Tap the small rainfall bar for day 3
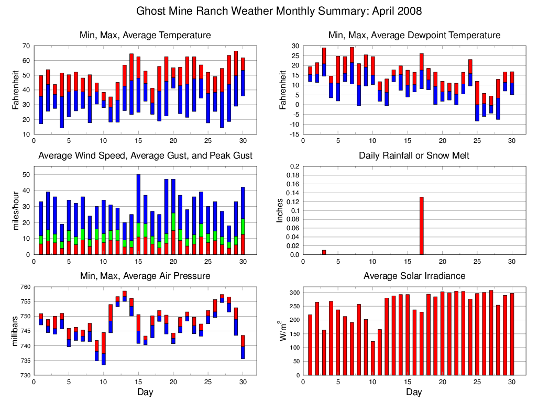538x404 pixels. tap(324, 252)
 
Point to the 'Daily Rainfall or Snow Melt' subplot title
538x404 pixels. tap(414, 155)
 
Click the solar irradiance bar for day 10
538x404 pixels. tap(372, 358)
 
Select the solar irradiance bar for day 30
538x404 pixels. tap(511, 334)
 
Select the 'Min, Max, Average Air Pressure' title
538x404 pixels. tap(145, 276)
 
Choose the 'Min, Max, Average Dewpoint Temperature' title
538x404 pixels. tap(414, 35)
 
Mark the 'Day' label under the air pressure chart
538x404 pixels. tap(145, 391)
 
